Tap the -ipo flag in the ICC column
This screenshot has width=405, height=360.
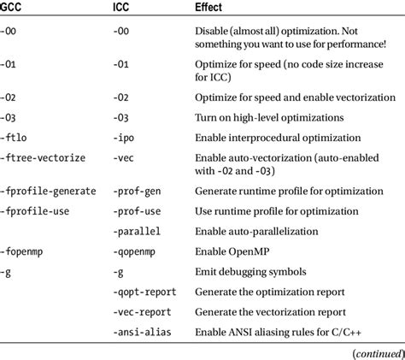click(x=126, y=136)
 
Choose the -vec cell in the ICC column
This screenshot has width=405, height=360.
click(x=126, y=157)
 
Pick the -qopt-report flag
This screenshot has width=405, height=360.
click(x=146, y=292)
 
